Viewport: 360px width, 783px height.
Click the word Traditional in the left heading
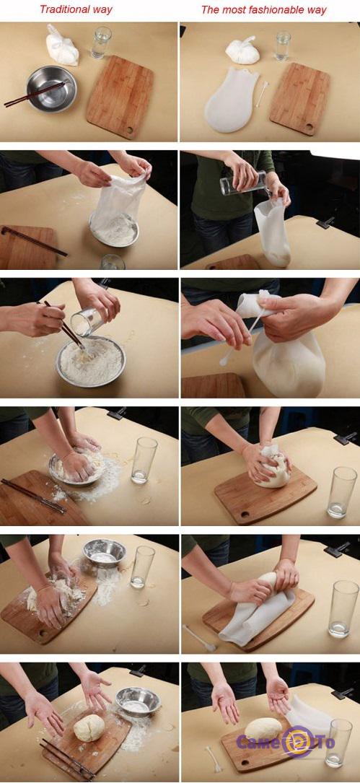pos(63,9)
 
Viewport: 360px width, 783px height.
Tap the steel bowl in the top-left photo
pos(51,89)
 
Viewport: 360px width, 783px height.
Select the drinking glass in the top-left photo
pos(102,43)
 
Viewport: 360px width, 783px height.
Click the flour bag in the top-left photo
pos(62,45)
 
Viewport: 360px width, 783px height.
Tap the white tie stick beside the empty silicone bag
pos(263,94)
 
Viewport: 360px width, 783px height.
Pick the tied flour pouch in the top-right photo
pos(242,51)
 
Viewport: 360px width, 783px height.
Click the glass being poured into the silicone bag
pos(244,183)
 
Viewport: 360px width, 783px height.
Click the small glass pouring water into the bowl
pos(86,322)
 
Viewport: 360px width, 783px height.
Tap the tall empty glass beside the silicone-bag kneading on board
pos(343,492)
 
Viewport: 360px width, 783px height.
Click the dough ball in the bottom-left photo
pos(89,727)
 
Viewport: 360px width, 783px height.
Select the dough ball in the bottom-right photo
pos(263,729)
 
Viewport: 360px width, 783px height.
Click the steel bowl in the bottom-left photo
pos(138,701)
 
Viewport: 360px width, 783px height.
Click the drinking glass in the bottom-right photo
pos(338,743)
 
